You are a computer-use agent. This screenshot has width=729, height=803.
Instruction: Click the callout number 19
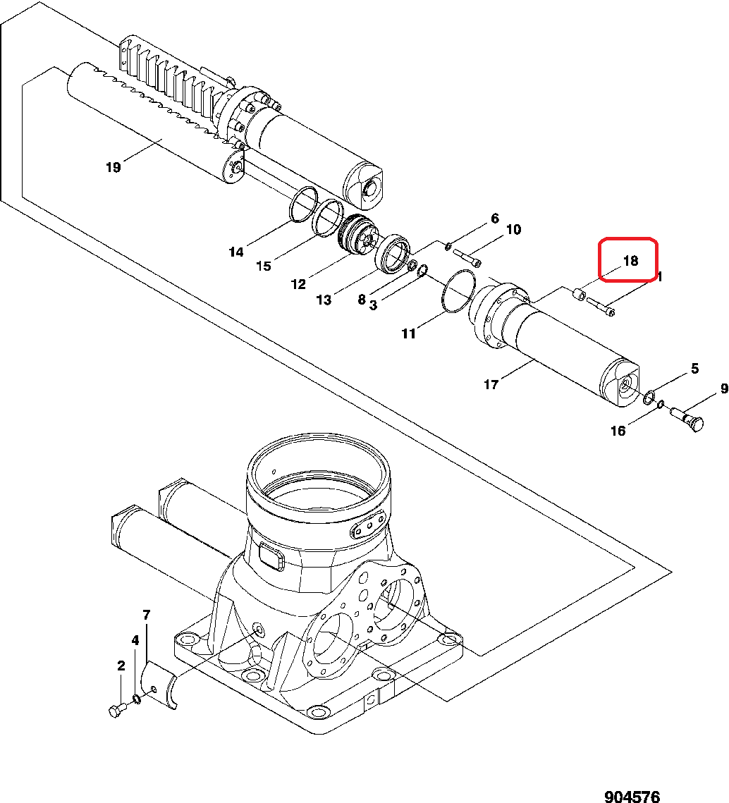113,167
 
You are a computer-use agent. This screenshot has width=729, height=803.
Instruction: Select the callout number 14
235,252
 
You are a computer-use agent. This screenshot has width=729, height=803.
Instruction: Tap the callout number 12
298,284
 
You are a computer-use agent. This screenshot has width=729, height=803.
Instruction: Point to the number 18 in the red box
630,261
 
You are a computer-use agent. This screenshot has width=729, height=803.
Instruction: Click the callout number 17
491,384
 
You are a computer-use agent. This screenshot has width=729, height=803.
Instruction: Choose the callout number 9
723,388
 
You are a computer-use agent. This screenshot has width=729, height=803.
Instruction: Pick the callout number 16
618,431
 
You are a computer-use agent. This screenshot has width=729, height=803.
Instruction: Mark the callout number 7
147,615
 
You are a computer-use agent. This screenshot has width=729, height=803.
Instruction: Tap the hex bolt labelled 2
116,711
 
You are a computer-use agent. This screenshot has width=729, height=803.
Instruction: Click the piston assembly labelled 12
357,235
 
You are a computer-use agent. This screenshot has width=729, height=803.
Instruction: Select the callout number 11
409,333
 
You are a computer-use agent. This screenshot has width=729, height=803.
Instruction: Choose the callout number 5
694,368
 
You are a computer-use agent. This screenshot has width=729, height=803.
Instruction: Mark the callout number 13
323,300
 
